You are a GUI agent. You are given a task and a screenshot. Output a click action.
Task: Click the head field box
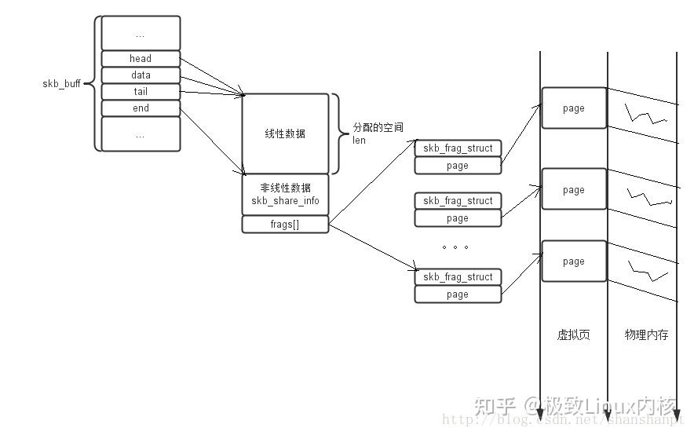(x=141, y=58)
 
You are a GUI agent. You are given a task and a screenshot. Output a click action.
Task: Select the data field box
(x=141, y=75)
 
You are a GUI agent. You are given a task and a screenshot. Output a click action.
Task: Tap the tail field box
(x=141, y=92)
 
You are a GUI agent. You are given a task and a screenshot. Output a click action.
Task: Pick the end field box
(x=141, y=108)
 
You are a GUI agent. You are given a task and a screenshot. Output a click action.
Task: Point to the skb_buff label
(x=61, y=83)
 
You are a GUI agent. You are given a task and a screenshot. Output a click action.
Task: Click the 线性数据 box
(x=285, y=133)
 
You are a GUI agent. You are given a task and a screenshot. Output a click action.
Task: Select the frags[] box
(x=285, y=225)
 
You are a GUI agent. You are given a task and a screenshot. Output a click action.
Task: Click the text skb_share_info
(x=285, y=201)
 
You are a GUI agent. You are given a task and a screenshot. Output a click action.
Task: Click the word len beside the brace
(x=360, y=141)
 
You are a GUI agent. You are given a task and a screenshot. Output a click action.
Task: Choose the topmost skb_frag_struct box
(x=458, y=148)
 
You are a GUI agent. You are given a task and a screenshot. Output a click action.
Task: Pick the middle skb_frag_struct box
(x=458, y=201)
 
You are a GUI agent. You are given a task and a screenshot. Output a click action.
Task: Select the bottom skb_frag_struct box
(x=458, y=277)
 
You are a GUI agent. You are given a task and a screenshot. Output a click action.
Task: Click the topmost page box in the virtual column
(x=574, y=108)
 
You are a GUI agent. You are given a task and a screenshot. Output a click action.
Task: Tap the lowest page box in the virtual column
(x=574, y=261)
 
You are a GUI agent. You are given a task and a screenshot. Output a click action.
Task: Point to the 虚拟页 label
(x=573, y=334)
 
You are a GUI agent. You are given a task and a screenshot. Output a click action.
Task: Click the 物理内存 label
(x=646, y=334)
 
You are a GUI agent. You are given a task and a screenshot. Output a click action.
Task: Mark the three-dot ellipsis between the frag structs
(x=455, y=247)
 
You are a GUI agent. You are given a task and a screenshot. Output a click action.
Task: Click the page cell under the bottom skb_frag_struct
(x=458, y=294)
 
